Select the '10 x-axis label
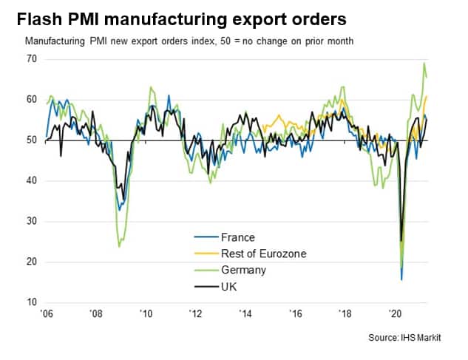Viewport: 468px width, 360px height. [x=147, y=314]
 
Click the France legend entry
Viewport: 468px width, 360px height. [x=238, y=237]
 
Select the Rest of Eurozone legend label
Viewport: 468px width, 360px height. [x=263, y=254]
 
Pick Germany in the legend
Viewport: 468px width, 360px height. [x=243, y=270]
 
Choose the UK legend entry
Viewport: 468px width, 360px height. [x=229, y=286]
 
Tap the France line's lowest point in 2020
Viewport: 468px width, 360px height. [x=401, y=279]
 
